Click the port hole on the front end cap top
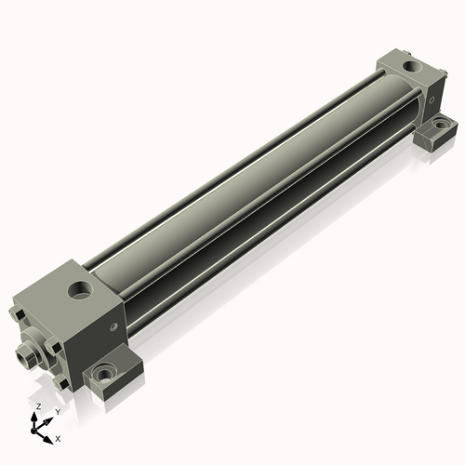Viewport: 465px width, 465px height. (80, 290)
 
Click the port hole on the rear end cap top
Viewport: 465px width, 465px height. (412, 66)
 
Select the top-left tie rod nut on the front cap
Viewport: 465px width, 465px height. (18, 314)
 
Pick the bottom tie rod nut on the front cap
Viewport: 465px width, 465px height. (61, 383)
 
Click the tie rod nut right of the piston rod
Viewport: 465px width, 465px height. (53, 346)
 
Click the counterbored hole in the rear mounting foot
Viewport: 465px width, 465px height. (440, 124)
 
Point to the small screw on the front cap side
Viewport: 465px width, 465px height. (114, 326)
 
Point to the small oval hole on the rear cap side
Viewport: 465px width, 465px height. (432, 100)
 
